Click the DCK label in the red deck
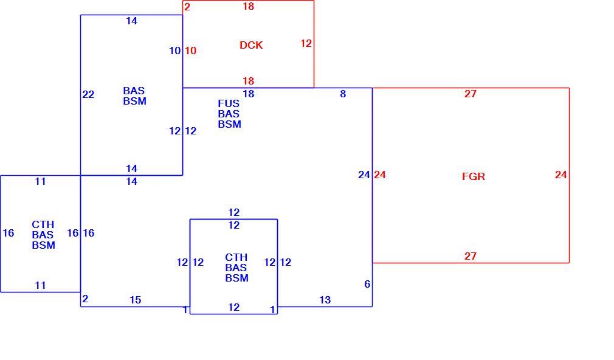click(x=251, y=45)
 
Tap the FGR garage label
click(x=474, y=176)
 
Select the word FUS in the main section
click(x=229, y=103)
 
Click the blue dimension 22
click(x=88, y=94)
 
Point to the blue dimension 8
click(x=343, y=94)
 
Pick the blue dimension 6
click(x=367, y=284)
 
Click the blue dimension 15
click(x=135, y=300)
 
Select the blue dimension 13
click(x=325, y=300)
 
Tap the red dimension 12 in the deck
click(x=306, y=43)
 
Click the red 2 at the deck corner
click(x=187, y=7)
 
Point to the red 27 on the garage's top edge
click(x=471, y=94)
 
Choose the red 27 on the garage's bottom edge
click(x=471, y=256)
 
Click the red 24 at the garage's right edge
click(x=561, y=175)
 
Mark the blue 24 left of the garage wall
click(x=364, y=175)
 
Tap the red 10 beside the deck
click(x=190, y=50)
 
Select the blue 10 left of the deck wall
click(x=175, y=50)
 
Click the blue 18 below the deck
click(x=248, y=94)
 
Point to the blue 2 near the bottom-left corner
click(x=85, y=299)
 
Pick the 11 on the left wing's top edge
click(x=40, y=181)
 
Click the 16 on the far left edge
click(x=9, y=233)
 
